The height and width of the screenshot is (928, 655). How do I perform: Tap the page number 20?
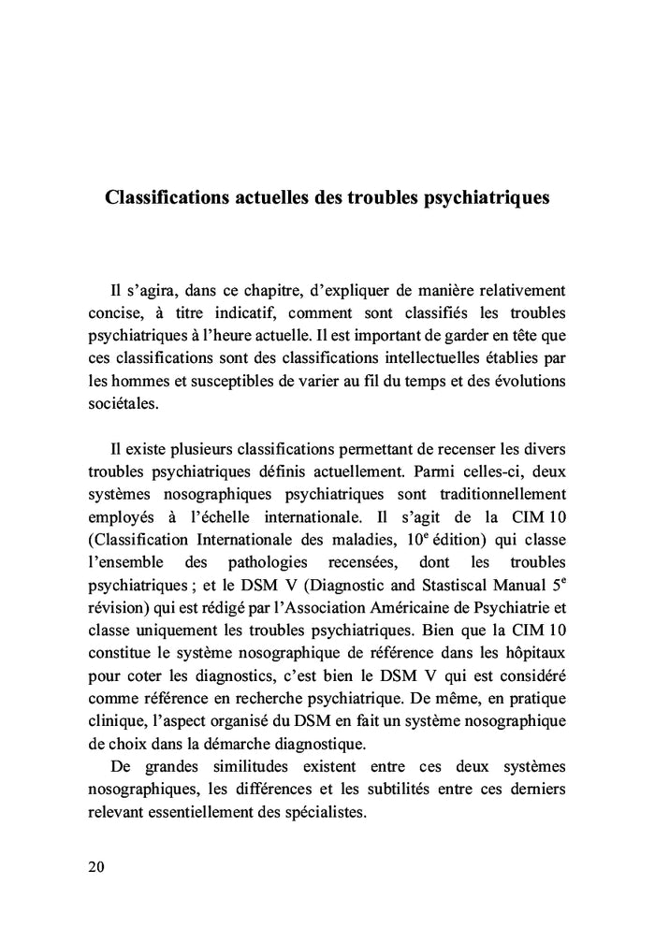96,866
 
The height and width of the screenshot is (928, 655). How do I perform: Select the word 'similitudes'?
237,767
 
